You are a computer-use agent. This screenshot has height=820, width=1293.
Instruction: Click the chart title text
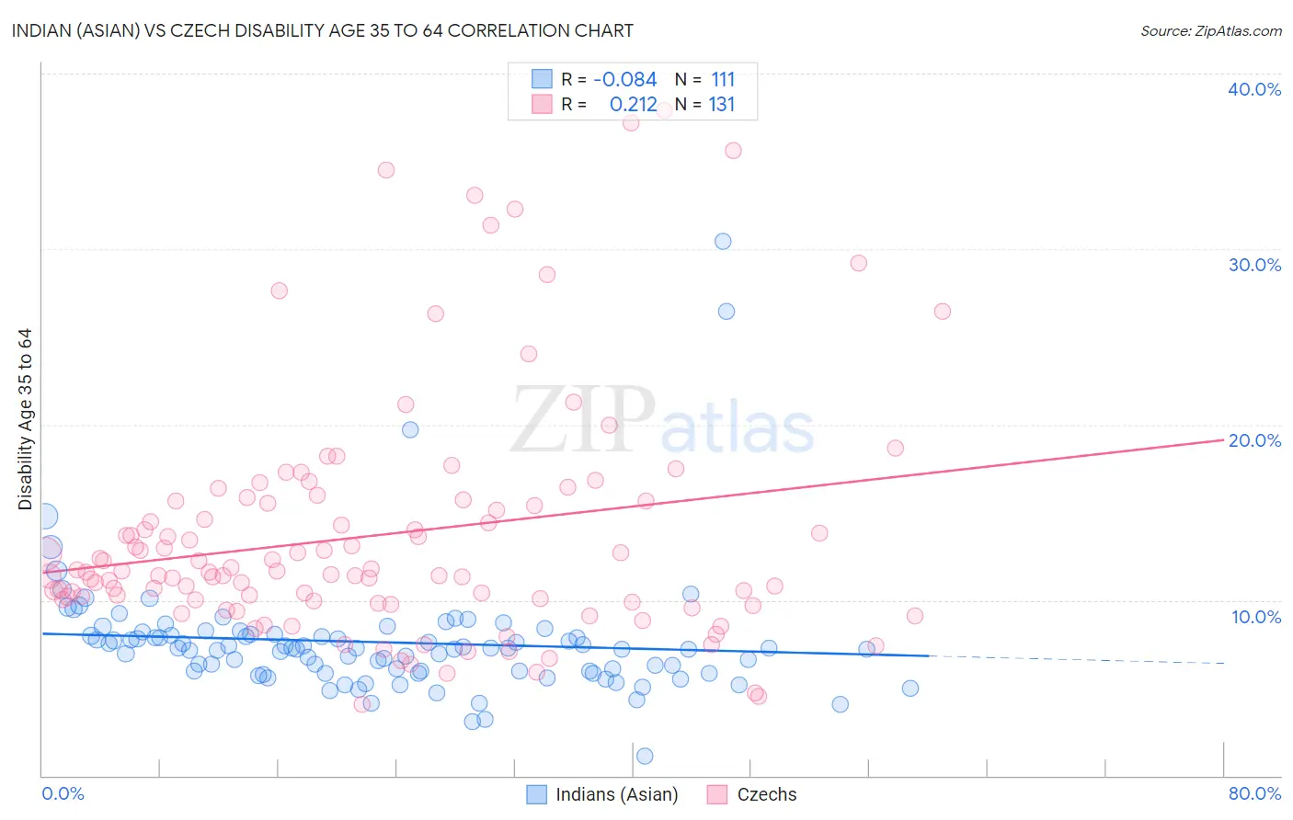[322, 30]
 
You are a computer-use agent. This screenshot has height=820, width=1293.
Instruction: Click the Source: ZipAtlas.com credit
[1210, 30]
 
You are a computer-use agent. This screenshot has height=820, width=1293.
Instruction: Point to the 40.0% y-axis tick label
[1254, 89]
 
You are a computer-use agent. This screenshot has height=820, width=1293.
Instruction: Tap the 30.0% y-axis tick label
[1254, 265]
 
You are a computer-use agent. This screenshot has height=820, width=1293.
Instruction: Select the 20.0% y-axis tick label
[1254, 440]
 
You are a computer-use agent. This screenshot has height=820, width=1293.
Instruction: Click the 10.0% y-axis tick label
[1256, 617]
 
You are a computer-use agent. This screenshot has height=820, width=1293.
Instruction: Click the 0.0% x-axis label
[63, 793]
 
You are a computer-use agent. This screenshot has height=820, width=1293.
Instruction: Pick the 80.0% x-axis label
[1254, 793]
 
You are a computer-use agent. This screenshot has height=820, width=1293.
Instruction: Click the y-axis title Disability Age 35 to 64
[25, 419]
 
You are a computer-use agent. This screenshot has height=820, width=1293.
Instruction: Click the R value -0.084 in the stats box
[625, 80]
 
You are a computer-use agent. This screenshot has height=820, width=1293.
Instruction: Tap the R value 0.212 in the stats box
[633, 105]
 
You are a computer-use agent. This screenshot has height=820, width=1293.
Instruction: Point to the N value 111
[723, 80]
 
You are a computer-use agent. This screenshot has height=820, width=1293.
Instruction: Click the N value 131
[722, 105]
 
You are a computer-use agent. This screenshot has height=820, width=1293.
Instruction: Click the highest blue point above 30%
[723, 242]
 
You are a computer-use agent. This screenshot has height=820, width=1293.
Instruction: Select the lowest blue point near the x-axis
[645, 756]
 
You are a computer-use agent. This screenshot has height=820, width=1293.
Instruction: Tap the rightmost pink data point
[942, 312]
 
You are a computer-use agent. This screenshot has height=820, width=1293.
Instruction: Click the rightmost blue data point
[910, 689]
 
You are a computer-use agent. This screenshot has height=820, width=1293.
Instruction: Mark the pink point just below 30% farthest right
[859, 263]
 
